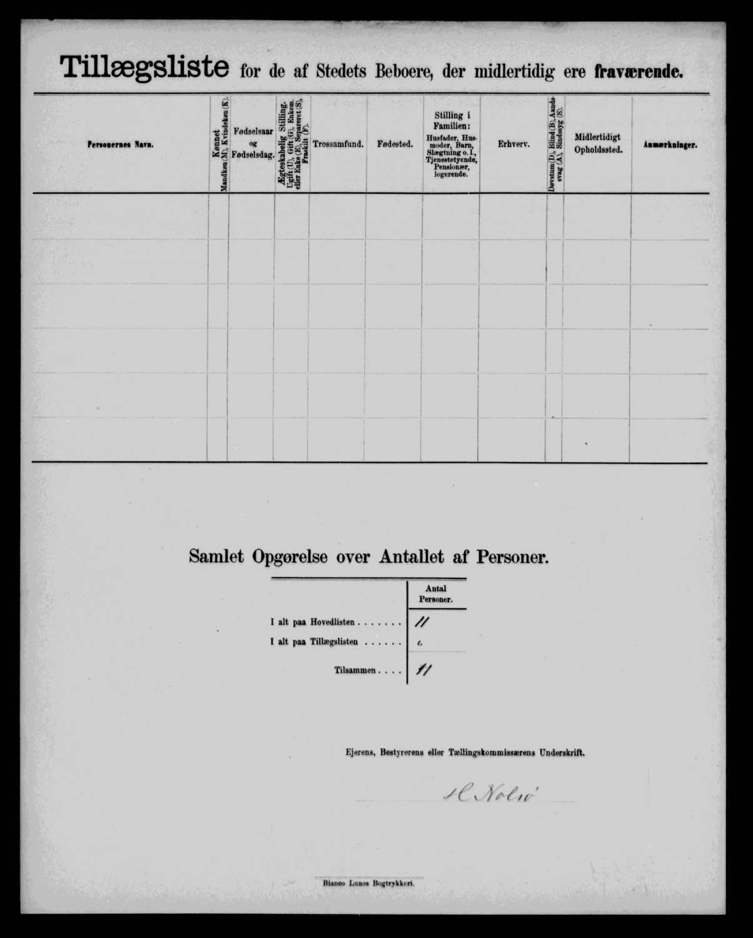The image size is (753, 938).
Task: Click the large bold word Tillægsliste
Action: click(144, 68)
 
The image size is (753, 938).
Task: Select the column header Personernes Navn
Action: click(120, 144)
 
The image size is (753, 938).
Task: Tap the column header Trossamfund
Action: click(338, 144)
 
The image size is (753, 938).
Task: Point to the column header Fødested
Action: click(395, 144)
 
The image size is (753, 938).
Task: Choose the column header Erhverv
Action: click(513, 144)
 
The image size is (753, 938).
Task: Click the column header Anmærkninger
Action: click(670, 144)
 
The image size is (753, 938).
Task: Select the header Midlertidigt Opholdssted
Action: click(598, 144)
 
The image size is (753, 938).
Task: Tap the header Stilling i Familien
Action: click(452, 144)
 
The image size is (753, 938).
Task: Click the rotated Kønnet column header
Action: click(219, 144)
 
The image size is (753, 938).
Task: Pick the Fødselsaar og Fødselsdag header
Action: click(252, 143)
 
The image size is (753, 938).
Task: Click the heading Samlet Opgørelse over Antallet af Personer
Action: click(368, 557)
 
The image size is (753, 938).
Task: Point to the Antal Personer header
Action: click(436, 594)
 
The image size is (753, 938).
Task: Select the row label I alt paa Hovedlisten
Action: click(335, 622)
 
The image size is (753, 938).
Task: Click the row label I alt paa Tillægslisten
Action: click(336, 642)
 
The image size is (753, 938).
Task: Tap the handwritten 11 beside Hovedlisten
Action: click(422, 621)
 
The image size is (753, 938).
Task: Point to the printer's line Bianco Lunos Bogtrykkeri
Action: click(368, 884)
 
